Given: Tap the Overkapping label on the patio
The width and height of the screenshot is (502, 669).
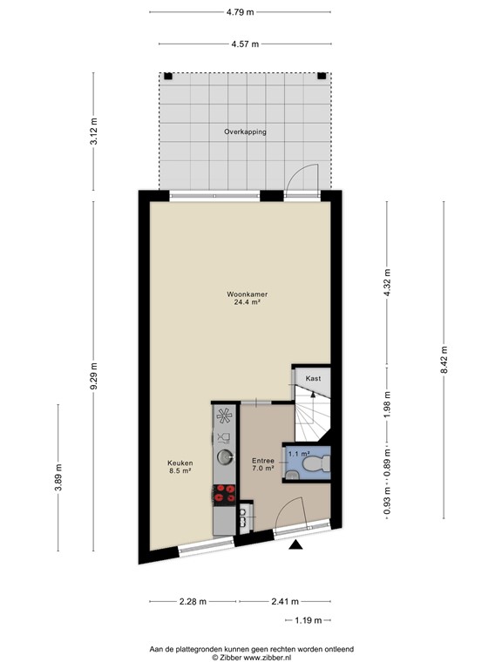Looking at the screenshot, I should (x=245, y=132).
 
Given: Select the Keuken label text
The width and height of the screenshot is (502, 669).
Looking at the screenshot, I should (x=180, y=463).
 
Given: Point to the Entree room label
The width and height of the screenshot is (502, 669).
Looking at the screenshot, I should (x=262, y=460).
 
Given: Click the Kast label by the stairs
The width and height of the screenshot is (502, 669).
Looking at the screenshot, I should (x=312, y=379).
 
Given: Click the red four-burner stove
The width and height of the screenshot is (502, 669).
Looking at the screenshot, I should (x=225, y=493).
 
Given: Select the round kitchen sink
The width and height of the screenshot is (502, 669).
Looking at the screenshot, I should (x=225, y=456).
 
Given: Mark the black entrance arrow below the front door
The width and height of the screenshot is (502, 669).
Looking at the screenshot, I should (x=296, y=545).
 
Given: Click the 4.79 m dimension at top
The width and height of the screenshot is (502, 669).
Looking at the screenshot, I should (x=240, y=12).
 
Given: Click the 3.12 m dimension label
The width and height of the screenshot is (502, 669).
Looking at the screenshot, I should (x=94, y=132).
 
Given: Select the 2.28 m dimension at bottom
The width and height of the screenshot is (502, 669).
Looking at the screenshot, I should (x=193, y=601).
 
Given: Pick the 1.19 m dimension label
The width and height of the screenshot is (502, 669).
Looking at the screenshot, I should (x=306, y=620).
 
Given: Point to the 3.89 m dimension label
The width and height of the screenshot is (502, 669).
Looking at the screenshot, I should (x=58, y=477).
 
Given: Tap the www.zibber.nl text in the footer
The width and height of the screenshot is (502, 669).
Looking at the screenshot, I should (x=274, y=659).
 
